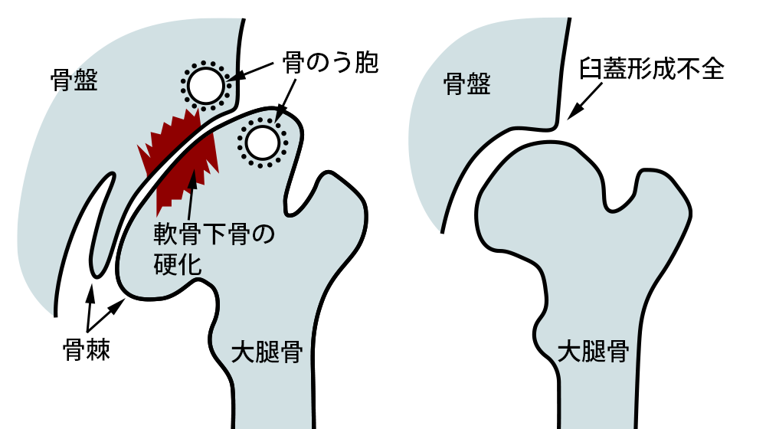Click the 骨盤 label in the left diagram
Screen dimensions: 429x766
[x=74, y=79]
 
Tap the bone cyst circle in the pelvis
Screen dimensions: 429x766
[x=205, y=85]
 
